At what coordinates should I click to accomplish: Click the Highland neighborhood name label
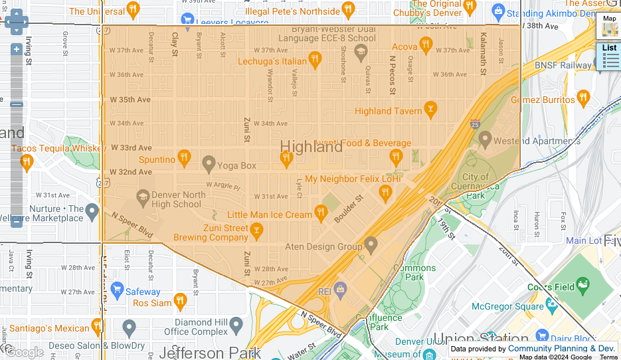(311, 147)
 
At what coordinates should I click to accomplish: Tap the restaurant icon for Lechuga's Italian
(315, 60)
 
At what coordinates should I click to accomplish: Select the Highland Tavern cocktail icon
(430, 110)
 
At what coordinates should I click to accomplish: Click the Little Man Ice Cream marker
(321, 213)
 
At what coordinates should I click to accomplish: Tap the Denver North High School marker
(143, 197)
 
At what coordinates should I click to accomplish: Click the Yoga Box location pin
(209, 163)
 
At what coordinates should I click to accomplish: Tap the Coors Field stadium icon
(582, 286)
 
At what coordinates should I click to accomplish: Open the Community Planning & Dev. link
(561, 348)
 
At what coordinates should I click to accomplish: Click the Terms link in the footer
(608, 357)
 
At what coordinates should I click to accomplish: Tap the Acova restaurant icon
(426, 45)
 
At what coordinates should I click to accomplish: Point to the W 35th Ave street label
(130, 100)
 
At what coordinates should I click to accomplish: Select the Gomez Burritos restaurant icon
(582, 98)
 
